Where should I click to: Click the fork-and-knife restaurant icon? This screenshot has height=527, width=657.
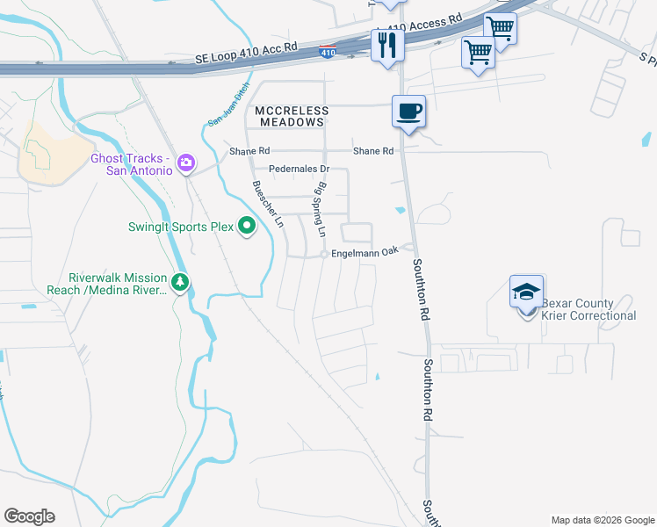click(x=386, y=44)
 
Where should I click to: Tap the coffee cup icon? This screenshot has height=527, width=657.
click(x=408, y=112)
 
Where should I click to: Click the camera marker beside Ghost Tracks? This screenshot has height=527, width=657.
click(x=185, y=162)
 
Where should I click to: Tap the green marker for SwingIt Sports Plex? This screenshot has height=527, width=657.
click(x=247, y=227)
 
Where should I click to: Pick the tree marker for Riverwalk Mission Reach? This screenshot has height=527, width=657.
click(x=181, y=282)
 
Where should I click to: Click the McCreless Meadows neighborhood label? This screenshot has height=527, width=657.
click(x=291, y=117)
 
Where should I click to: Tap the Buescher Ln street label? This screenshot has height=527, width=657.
click(x=268, y=205)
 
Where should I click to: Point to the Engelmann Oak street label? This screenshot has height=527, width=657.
click(x=365, y=250)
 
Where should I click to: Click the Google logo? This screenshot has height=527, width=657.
click(x=29, y=516)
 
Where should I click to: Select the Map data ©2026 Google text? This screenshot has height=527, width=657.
click(x=601, y=520)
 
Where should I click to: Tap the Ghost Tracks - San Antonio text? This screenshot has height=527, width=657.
click(x=132, y=164)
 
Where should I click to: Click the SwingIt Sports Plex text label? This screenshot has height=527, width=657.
click(x=180, y=227)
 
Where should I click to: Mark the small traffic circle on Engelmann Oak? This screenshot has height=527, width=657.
click(x=324, y=255)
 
